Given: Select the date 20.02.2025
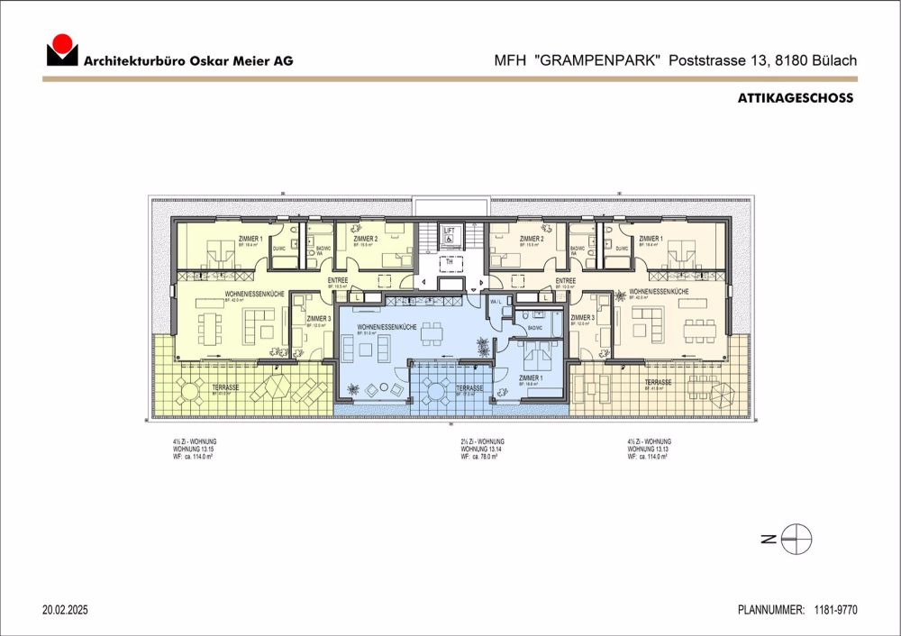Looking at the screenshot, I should (x=65, y=610).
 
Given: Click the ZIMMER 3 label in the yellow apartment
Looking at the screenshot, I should (x=318, y=318).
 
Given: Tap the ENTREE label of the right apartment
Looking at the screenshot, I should (x=565, y=280).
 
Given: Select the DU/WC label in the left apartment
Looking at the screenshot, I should (x=278, y=250).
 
